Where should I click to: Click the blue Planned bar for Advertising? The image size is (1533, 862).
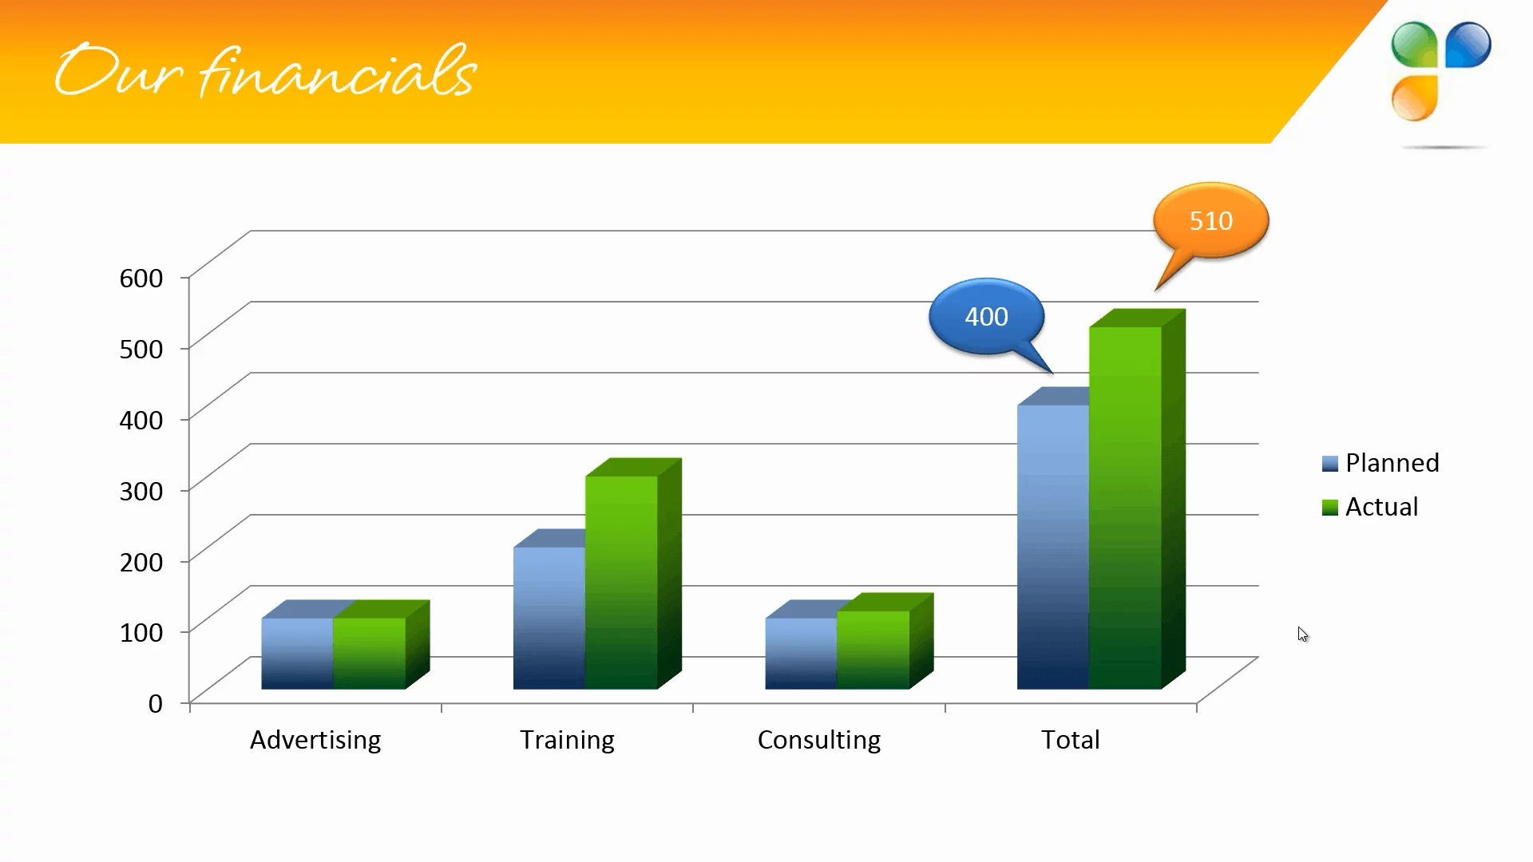coord(298,653)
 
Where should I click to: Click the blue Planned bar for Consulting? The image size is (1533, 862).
coord(801,653)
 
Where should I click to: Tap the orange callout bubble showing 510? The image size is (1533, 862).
coord(1210,221)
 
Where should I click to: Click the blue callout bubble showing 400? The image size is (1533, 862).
coord(987,317)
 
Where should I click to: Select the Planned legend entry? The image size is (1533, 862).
coord(1380,463)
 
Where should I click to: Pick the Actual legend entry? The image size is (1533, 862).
coord(1370,507)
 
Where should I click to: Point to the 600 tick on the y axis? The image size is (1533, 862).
coord(141,278)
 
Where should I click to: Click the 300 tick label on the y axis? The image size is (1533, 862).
coord(141,491)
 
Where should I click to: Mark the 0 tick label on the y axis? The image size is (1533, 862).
coord(156,704)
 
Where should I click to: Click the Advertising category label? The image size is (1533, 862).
coord(315,740)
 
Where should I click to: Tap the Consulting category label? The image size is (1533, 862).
coord(819,740)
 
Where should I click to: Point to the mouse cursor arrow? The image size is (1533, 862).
coord(1303,635)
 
